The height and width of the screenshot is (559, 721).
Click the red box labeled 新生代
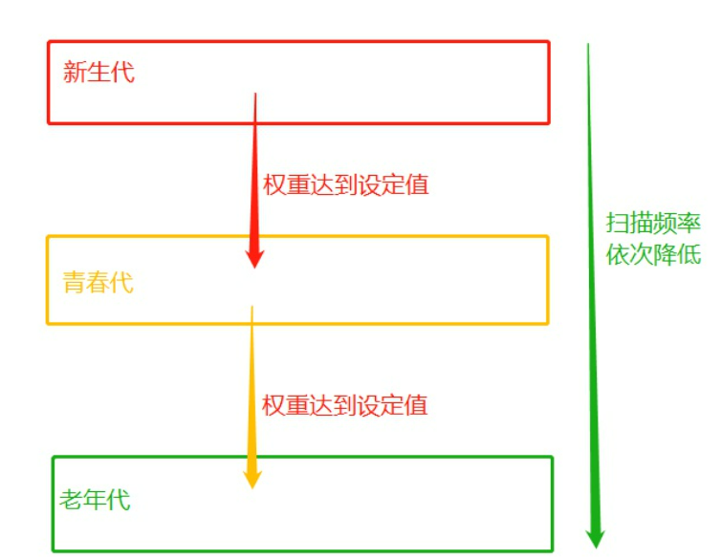tap(382, 81)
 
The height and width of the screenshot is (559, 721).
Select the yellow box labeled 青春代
tap(382, 280)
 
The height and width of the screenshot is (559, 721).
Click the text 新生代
tap(99, 72)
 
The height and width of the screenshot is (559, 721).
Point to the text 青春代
tap(98, 283)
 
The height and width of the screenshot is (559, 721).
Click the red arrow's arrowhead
tap(254, 255)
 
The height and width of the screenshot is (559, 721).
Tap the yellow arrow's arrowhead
tap(251, 476)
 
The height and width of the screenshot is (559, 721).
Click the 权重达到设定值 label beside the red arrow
tap(345, 184)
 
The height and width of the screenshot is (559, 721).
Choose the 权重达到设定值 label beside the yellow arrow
tap(345, 404)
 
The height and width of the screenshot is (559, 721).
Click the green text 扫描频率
tap(653, 225)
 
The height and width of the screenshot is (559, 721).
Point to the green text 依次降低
tap(653, 255)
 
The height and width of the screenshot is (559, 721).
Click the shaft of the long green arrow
tap(591, 287)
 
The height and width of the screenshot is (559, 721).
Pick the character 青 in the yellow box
tap(75, 283)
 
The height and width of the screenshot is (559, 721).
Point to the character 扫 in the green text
tap(618, 225)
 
